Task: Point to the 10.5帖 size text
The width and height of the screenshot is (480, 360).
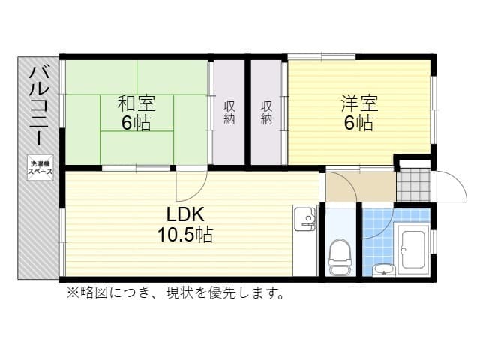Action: (x=184, y=235)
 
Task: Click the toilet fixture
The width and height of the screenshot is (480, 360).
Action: (x=340, y=256)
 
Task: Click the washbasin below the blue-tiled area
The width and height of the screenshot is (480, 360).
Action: (x=382, y=269)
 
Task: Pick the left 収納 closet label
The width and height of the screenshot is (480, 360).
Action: (x=229, y=112)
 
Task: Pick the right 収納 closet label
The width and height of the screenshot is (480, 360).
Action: (x=266, y=112)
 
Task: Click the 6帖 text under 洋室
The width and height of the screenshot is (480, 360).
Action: (x=358, y=123)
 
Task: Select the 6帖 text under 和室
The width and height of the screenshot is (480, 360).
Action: (x=136, y=123)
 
